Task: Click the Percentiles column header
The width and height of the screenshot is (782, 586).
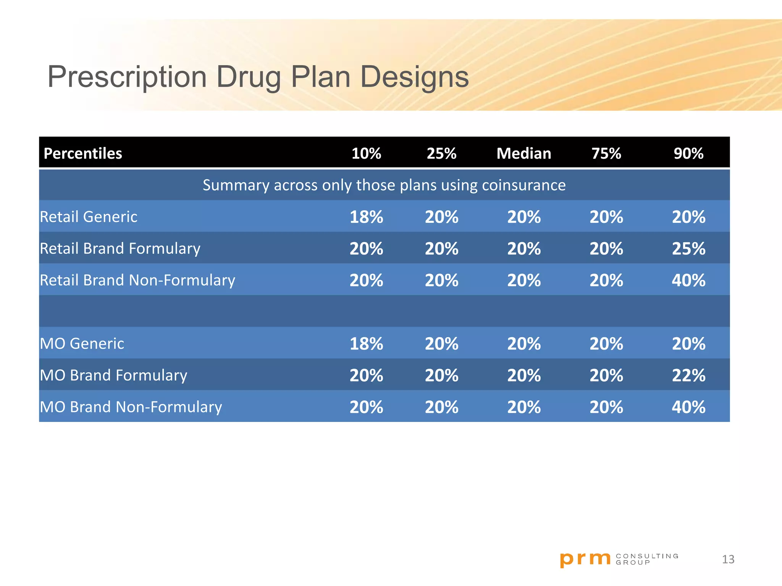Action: [83, 153]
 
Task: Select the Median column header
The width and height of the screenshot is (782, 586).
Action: [523, 153]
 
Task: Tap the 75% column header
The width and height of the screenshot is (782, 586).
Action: [606, 153]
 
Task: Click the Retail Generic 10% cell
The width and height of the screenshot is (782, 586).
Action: [366, 217]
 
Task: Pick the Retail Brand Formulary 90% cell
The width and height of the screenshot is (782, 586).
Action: [688, 249]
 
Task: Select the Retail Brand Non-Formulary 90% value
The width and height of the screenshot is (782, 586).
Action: [688, 280]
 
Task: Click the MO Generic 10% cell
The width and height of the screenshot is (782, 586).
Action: [366, 344]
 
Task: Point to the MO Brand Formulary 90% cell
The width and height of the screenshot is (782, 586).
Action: [688, 375]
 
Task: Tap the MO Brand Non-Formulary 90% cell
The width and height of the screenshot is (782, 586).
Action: [688, 407]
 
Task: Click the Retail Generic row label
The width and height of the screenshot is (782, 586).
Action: [89, 217]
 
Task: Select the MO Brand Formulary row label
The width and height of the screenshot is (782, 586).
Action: [113, 375]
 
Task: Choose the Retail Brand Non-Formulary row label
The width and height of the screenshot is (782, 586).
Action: [137, 280]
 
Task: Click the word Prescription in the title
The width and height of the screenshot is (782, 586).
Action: [127, 77]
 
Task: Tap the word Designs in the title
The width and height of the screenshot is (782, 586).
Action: [414, 77]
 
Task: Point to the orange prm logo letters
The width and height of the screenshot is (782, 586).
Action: [585, 559]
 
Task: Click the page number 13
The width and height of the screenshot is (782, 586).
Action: [728, 559]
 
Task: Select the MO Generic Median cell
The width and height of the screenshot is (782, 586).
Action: [523, 344]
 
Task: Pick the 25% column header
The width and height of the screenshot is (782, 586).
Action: [441, 153]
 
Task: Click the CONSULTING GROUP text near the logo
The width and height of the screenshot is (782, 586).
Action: [647, 559]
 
